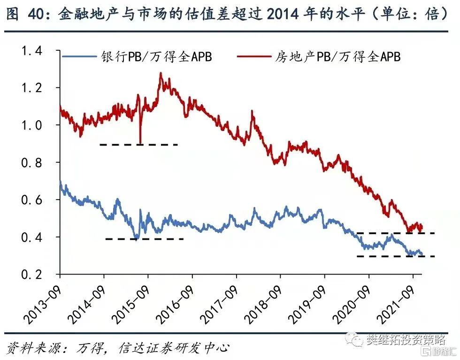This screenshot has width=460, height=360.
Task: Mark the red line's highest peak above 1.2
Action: click(x=161, y=74)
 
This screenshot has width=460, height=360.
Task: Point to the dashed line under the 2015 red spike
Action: click(x=139, y=145)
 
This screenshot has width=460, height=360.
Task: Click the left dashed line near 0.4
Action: click(x=145, y=239)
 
